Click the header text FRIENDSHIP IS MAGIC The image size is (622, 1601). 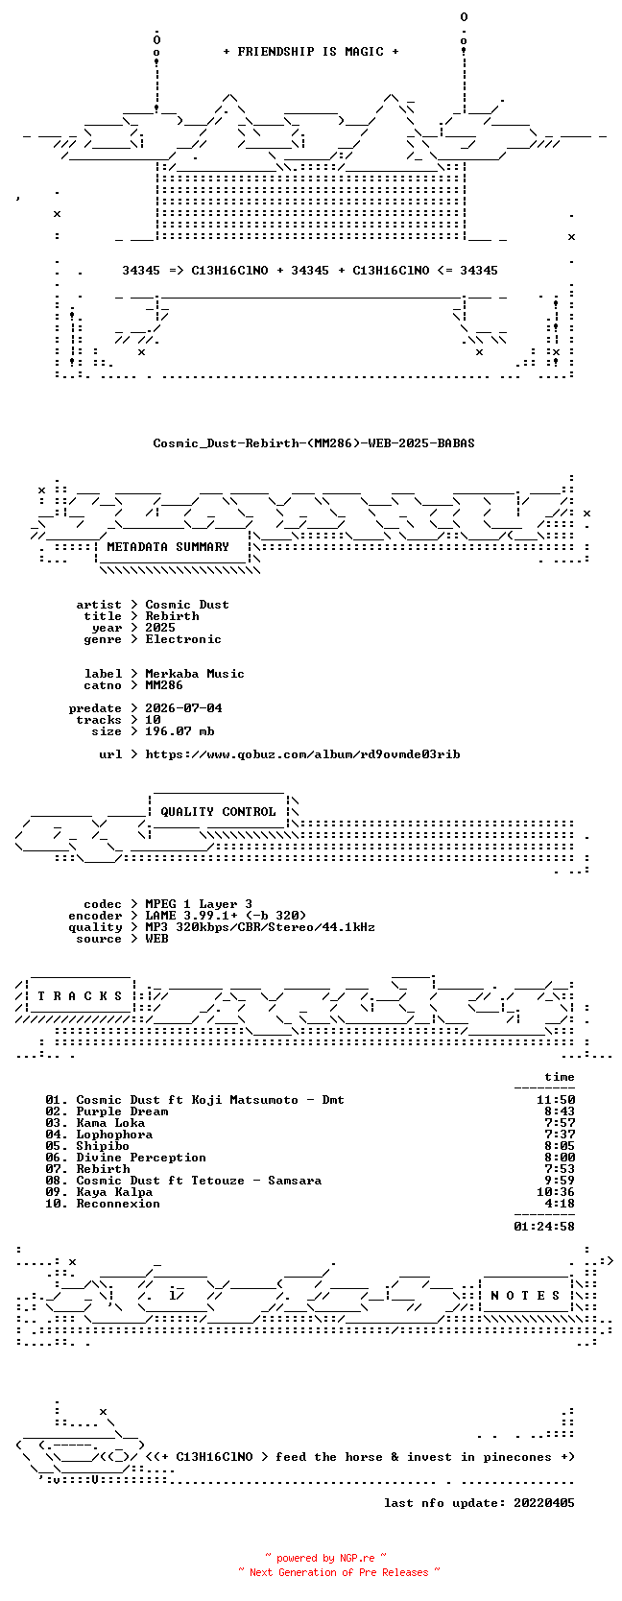click(311, 52)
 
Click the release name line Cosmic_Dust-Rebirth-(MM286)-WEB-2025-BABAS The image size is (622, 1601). click(314, 443)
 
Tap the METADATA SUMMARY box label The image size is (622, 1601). click(168, 547)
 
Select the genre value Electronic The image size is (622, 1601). click(183, 639)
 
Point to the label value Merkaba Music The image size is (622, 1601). click(195, 673)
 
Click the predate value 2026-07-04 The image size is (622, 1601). click(183, 707)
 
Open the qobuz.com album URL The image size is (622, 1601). click(302, 754)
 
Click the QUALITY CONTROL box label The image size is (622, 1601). click(218, 811)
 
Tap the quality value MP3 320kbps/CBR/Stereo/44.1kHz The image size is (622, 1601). click(260, 927)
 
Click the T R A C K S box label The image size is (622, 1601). click(80, 995)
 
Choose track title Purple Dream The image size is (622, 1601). click(122, 1111)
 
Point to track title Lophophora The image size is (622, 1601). click(114, 1135)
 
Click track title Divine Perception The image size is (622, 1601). click(141, 1158)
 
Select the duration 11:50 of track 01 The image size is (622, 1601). click(556, 1100)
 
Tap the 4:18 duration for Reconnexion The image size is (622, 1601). click(560, 1203)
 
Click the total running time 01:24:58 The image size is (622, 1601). click(544, 1226)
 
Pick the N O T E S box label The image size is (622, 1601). click(525, 1295)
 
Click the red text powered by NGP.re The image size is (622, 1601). click(325, 1558)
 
